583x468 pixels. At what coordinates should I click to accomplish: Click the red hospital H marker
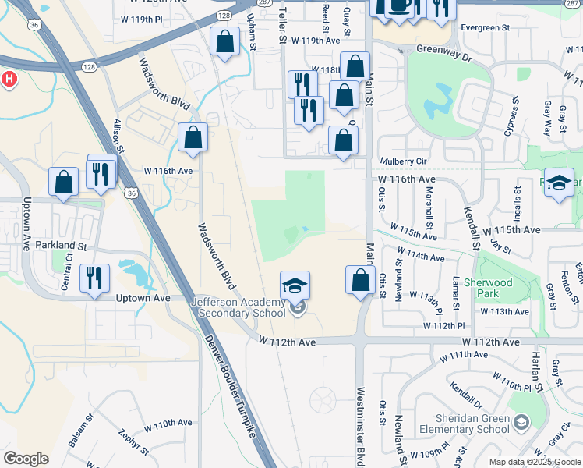pos(9,80)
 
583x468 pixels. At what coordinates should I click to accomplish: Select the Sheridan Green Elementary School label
pos(463,423)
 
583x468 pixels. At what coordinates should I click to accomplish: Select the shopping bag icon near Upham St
pos(225,44)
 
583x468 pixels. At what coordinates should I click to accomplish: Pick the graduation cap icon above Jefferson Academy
pos(295,285)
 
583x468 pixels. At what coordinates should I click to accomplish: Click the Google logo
pos(26,459)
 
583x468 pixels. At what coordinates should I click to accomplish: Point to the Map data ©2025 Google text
pos(535,462)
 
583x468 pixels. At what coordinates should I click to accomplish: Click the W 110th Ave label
pos(168,423)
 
